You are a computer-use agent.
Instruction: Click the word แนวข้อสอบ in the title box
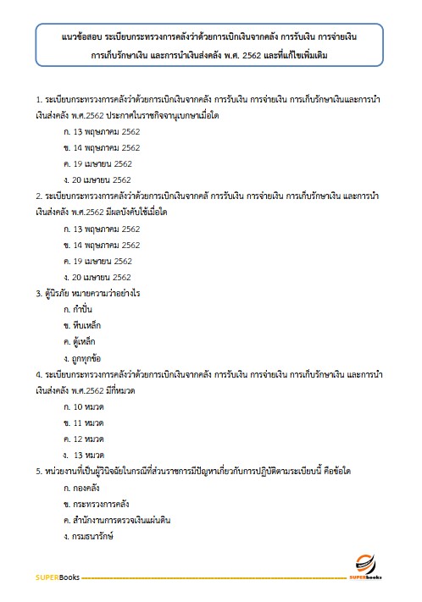click(83, 38)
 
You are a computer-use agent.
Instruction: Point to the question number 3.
click(38, 293)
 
